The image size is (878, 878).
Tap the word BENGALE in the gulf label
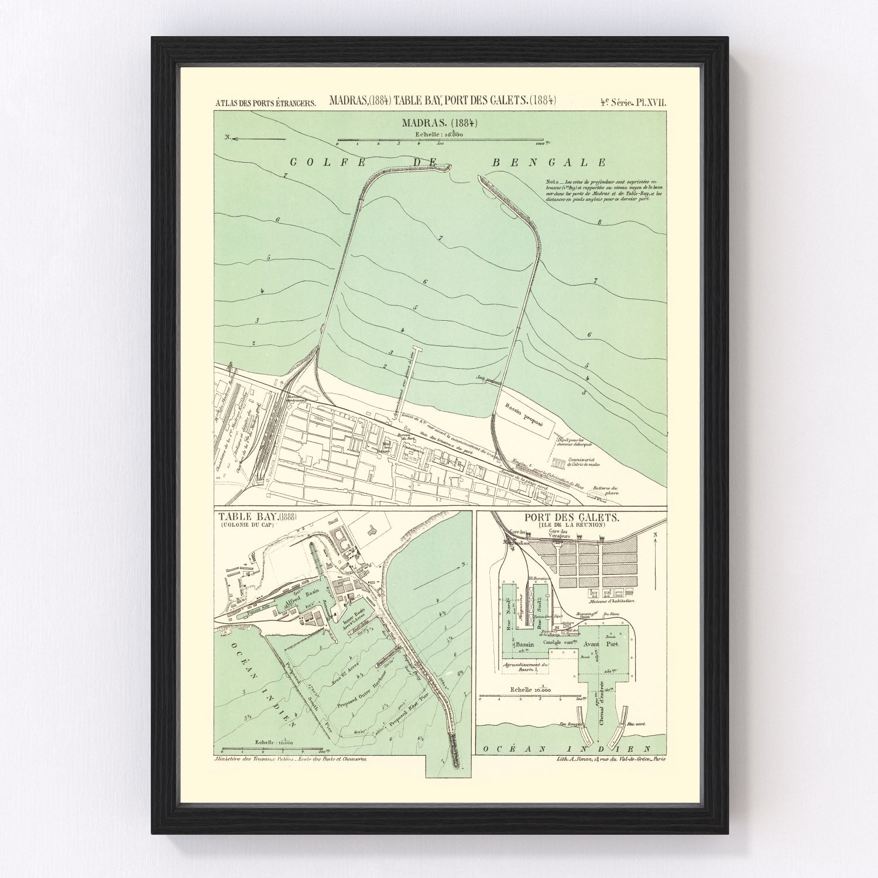(548, 163)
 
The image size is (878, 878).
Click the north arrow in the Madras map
(255, 139)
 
